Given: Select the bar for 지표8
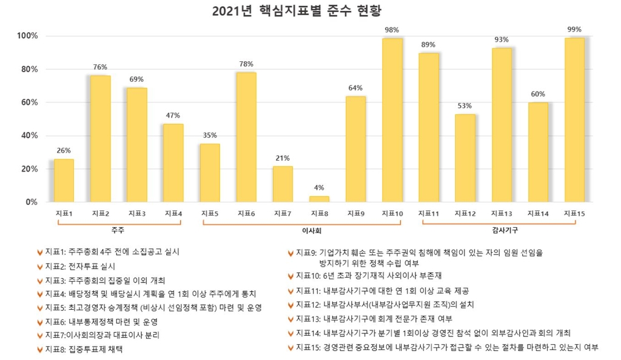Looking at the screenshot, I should coord(319,199).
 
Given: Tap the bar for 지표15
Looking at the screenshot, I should coord(574,120).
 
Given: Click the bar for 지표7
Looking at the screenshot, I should coord(283,184).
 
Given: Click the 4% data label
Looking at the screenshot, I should coord(319,188).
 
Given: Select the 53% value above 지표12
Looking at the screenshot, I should coord(465,106).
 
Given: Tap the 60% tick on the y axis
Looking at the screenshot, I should coord(29,102).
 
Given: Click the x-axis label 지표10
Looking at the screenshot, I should coord(392,213).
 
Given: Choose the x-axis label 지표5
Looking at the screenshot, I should coord(209,213).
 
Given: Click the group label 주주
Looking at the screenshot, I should coord(118,231).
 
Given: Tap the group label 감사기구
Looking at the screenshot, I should coord(502,231).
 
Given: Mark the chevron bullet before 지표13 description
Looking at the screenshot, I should coord(290,319).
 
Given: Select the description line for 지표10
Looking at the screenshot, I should coord(376,276).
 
